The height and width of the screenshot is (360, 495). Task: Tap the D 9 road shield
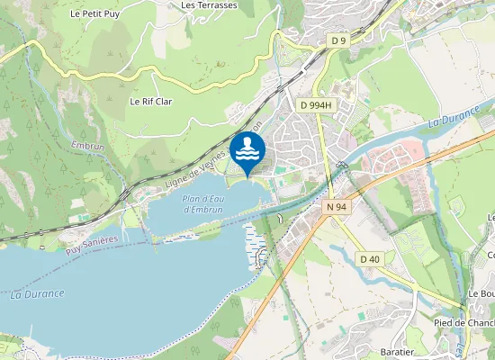(x=338, y=40)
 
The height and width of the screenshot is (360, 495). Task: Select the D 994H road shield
(x=316, y=105)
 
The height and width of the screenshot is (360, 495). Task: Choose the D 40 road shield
(x=370, y=259)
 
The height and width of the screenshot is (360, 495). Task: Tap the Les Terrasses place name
(x=209, y=5)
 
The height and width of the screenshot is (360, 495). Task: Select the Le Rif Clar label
(x=150, y=102)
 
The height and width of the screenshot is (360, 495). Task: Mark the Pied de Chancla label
(x=464, y=323)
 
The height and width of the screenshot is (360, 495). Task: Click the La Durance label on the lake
(x=38, y=293)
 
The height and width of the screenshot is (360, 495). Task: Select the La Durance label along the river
(x=450, y=118)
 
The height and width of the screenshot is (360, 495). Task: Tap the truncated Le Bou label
(x=481, y=294)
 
